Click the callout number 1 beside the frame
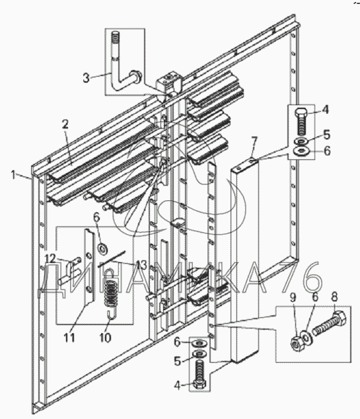pyautogui.click(x=14, y=175)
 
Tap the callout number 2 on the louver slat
pyautogui.click(x=65, y=124)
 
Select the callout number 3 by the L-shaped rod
pyautogui.click(x=86, y=78)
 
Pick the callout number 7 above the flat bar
pyautogui.click(x=254, y=140)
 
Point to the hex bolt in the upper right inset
pyautogui.click(x=301, y=122)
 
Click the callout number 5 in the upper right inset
pyautogui.click(x=327, y=135)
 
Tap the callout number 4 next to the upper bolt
pyautogui.click(x=325, y=110)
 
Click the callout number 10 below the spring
pyautogui.click(x=105, y=338)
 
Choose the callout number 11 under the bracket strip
pyautogui.click(x=69, y=338)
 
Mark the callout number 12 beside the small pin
pyautogui.click(x=50, y=258)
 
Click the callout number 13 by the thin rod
pyautogui.click(x=141, y=265)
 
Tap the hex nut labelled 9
pyautogui.click(x=296, y=343)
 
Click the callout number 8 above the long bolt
pyautogui.click(x=334, y=297)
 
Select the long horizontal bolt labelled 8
pyautogui.click(x=330, y=323)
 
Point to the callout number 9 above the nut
pyautogui.click(x=293, y=297)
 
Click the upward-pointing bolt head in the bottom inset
pyautogui.click(x=199, y=385)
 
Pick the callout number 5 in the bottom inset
pyautogui.click(x=178, y=362)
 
